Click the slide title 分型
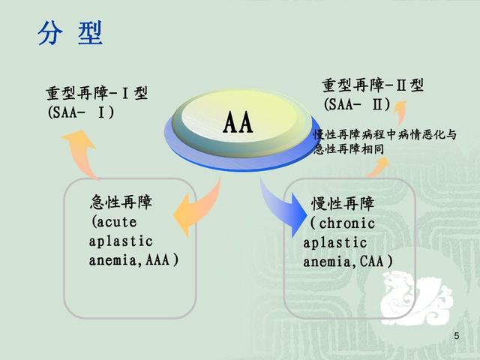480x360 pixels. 70,34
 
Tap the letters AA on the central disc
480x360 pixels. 238,123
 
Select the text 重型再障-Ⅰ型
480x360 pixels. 97,94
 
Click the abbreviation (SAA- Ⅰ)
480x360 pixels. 80,112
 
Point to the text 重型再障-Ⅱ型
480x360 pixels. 373,85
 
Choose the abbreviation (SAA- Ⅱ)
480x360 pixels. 358,104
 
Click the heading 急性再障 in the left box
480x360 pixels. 121,202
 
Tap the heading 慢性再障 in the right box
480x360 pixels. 343,204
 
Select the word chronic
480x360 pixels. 346,223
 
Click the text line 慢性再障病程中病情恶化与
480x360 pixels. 383,135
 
